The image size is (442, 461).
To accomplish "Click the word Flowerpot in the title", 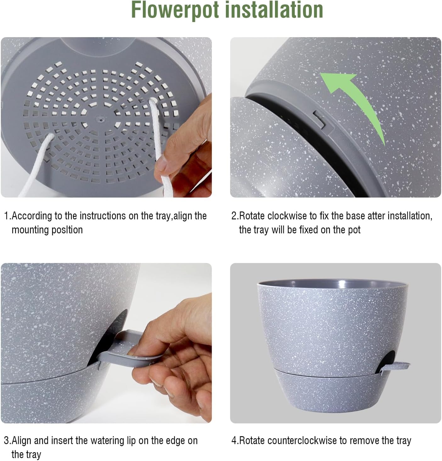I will pos(175,10).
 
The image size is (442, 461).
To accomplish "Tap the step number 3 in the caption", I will pos(6,441).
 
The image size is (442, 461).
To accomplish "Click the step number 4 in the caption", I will pos(234,441).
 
